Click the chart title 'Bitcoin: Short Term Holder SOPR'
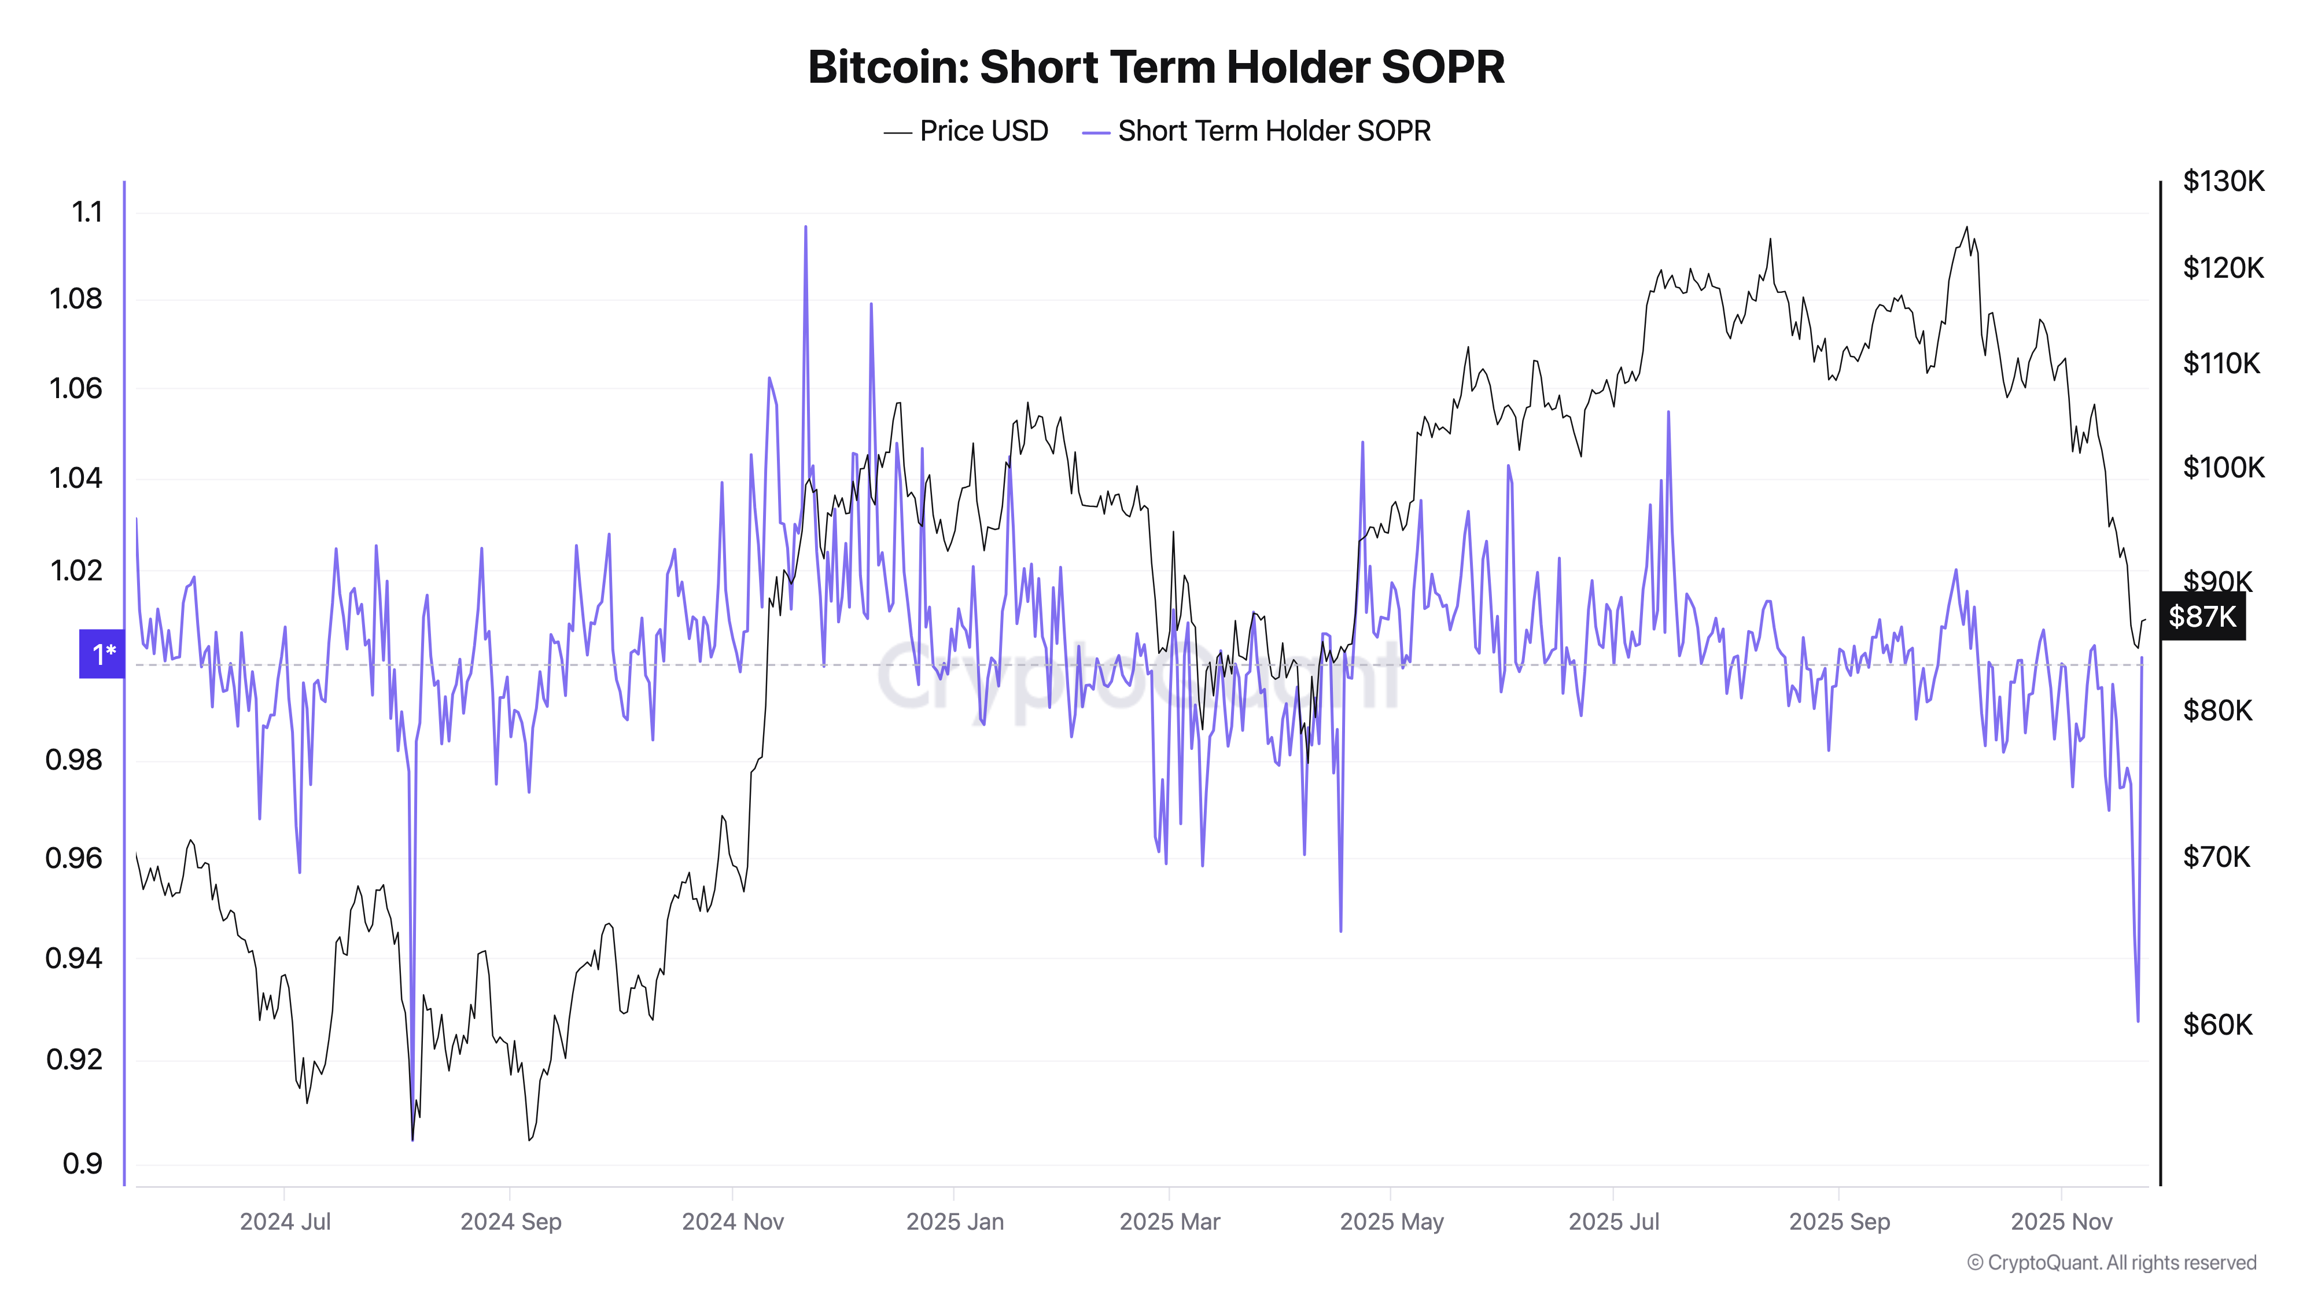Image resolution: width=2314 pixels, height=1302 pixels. coord(1156,67)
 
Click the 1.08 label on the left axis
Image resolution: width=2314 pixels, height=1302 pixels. coord(76,299)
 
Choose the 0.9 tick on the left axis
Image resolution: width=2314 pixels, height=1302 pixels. coord(83,1164)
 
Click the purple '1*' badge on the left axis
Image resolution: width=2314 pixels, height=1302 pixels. coord(102,653)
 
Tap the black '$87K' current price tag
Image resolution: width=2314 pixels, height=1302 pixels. coord(2202,616)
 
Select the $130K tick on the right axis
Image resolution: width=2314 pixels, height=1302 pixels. coord(2223,182)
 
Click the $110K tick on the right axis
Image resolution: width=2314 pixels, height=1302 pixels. coord(2221,363)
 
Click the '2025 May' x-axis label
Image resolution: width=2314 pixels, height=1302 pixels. coord(1391,1222)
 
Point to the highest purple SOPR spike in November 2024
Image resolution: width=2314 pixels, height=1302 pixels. coord(805,227)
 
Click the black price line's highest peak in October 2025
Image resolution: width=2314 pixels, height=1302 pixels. coord(1966,227)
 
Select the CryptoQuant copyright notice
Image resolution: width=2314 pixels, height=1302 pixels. coord(2111,1263)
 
